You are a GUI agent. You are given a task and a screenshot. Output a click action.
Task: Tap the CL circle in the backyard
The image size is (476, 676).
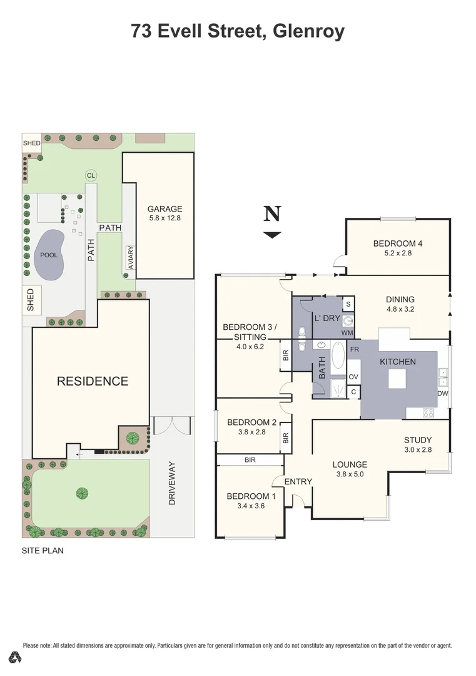(91, 176)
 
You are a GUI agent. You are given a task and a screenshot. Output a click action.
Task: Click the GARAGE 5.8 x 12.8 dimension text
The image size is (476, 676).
(165, 218)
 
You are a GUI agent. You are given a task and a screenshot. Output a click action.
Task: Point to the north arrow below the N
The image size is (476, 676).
(272, 235)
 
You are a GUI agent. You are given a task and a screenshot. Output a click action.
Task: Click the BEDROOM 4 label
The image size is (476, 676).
(398, 243)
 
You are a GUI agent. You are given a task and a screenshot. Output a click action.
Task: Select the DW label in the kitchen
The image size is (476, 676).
(442, 394)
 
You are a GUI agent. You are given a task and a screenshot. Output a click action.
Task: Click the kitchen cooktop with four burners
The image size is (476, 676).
(430, 412)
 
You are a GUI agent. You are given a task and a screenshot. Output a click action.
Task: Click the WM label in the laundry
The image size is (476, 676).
(348, 332)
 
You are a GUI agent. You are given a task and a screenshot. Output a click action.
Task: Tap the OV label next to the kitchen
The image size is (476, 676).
(353, 377)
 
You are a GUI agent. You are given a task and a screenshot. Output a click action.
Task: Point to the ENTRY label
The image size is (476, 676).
(298, 481)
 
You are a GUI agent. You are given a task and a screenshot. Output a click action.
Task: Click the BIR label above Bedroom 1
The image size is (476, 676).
(250, 460)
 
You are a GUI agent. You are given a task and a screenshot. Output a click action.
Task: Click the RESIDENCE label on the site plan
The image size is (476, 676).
(93, 381)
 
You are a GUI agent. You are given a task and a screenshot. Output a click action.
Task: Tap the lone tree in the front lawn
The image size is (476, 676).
(82, 493)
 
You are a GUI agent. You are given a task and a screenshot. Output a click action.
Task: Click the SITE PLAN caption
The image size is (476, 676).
(43, 551)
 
